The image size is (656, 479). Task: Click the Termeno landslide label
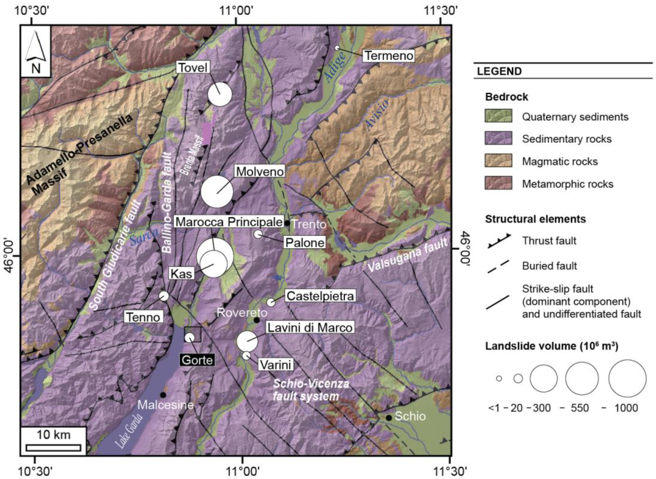(389, 56)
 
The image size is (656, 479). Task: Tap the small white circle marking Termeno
(337, 48)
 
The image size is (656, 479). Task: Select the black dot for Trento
(287, 223)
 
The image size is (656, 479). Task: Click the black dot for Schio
(389, 418)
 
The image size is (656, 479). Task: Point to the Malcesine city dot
(163, 395)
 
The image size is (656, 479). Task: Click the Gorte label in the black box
(197, 360)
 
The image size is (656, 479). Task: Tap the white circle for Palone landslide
(258, 234)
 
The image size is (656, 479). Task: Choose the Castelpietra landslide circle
(270, 302)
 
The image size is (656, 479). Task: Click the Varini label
(276, 365)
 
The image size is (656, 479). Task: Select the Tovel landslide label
(193, 68)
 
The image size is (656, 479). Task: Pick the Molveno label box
(260, 172)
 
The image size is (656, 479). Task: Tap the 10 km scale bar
(53, 448)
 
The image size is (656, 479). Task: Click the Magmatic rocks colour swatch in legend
(498, 160)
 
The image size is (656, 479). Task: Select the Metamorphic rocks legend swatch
(498, 183)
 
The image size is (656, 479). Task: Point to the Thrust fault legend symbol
(499, 241)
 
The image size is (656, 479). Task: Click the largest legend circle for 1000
(627, 379)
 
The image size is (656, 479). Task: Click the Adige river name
(335, 67)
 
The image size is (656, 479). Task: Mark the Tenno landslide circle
(164, 296)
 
